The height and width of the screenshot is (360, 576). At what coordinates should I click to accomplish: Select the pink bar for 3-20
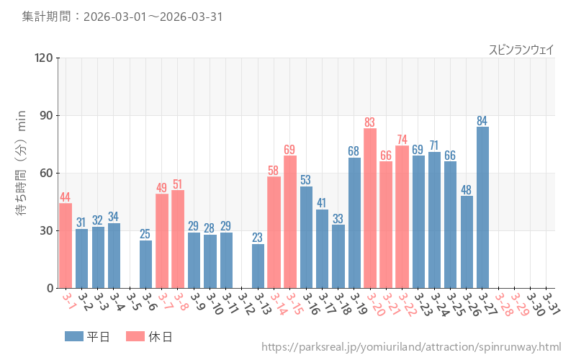(370, 208)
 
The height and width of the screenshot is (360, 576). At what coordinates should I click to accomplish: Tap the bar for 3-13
(258, 266)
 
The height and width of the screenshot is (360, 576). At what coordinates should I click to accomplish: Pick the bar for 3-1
(66, 246)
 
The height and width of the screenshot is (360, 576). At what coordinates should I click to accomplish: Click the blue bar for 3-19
(354, 222)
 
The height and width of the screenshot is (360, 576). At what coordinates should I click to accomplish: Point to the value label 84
(482, 120)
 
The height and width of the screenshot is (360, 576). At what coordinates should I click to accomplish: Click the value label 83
(370, 122)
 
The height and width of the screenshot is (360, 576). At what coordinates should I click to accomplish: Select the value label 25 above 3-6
(145, 234)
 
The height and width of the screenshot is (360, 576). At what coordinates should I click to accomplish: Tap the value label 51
(178, 184)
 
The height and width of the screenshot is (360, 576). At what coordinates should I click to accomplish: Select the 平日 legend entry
(87, 336)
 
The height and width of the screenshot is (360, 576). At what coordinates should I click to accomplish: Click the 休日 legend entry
(149, 336)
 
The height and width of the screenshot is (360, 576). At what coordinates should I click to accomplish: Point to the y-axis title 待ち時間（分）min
(22, 173)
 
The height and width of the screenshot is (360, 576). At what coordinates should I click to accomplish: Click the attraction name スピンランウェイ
(521, 50)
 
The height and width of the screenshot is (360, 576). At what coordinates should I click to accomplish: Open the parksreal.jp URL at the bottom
(411, 347)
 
